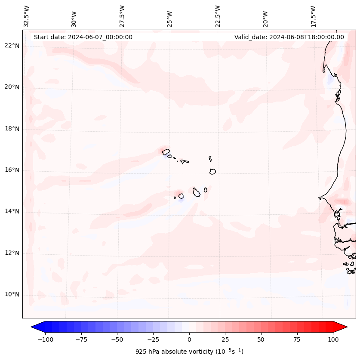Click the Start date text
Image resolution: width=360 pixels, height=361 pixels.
83,37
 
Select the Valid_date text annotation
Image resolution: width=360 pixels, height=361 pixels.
289,37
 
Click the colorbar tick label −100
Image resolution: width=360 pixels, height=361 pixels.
45,339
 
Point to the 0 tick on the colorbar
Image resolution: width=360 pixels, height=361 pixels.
189,339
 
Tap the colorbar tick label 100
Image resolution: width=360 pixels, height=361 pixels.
333,339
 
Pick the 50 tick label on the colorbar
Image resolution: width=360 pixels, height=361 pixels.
261,339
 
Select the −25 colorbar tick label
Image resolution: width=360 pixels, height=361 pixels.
153,339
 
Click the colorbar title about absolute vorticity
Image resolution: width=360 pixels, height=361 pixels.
189,352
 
